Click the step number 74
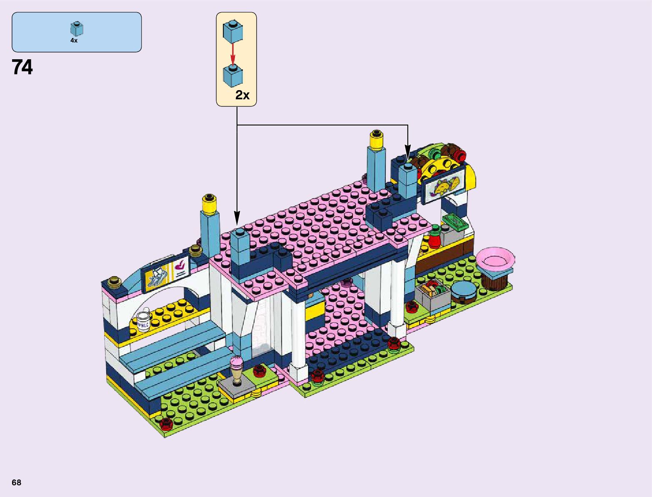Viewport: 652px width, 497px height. point(22,67)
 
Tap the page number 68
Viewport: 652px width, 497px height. point(16,482)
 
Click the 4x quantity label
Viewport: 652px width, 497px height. point(74,41)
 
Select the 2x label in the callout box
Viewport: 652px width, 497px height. point(242,95)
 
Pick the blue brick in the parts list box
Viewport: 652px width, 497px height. point(77,29)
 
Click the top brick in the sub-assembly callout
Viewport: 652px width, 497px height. point(233,30)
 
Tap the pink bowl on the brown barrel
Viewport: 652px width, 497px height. point(495,259)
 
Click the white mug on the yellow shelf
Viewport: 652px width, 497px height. point(144,320)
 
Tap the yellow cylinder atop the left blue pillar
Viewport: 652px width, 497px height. point(209,203)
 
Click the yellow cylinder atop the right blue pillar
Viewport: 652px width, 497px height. point(376,140)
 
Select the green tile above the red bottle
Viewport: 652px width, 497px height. point(455,221)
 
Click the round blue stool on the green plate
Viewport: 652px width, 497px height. point(463,291)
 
